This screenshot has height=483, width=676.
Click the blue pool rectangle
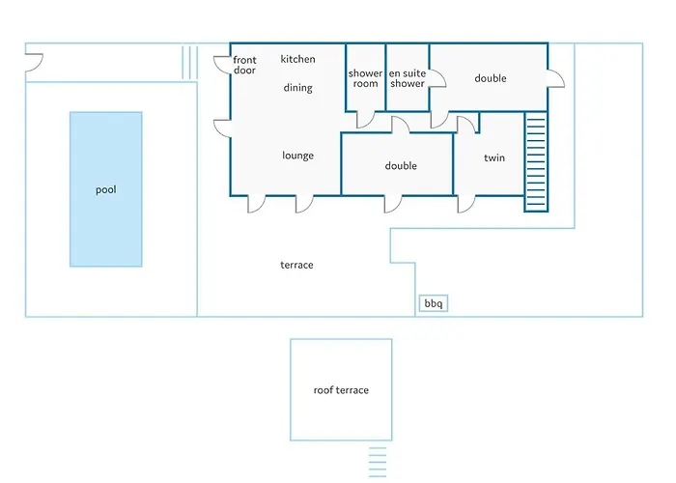(x=106, y=189)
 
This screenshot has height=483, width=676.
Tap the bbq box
(x=434, y=303)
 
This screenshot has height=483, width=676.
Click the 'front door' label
(x=244, y=65)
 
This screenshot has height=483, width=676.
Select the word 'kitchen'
(x=297, y=59)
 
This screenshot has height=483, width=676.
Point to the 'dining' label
(x=297, y=88)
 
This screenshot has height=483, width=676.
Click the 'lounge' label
(x=297, y=156)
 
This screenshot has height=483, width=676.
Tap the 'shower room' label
(x=366, y=78)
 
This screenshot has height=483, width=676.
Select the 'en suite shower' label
(x=408, y=78)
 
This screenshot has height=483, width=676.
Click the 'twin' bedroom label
(x=494, y=157)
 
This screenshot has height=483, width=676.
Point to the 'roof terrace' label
(x=341, y=390)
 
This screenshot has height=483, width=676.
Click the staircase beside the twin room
(x=536, y=161)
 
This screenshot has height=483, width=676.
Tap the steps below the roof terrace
(x=378, y=463)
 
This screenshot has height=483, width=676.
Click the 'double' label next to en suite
(x=491, y=78)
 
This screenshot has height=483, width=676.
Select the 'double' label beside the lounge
(x=401, y=166)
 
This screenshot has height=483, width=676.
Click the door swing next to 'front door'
(x=222, y=65)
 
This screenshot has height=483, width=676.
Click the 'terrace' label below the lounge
(x=296, y=265)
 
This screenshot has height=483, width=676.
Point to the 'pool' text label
(x=106, y=189)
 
